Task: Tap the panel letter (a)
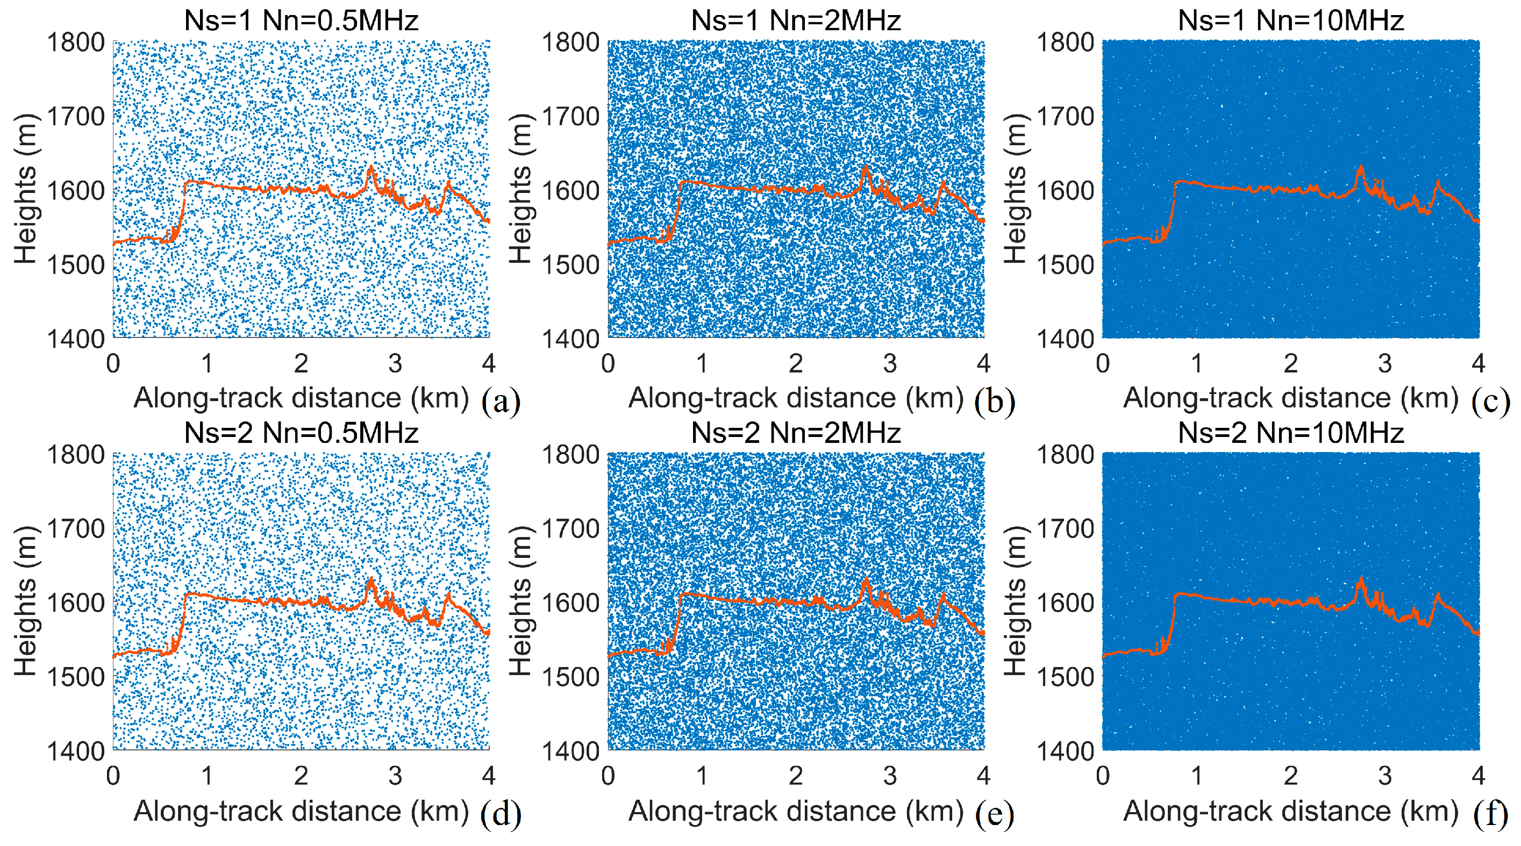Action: click(501, 402)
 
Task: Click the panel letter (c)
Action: click(1491, 402)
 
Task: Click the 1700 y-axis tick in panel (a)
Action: click(76, 116)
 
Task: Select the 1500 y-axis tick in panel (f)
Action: click(1065, 677)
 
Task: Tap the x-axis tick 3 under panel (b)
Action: click(890, 364)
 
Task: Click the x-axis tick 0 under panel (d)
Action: click(113, 776)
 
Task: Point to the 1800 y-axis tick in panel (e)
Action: click(570, 455)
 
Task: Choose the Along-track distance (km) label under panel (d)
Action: click(301, 811)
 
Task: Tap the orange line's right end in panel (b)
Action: click(982, 221)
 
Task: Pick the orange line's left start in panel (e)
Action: click(609, 655)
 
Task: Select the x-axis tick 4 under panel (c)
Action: click(1478, 364)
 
